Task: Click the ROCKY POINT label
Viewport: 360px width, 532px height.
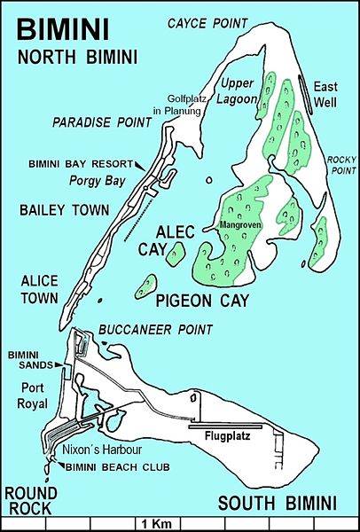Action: pos(340,164)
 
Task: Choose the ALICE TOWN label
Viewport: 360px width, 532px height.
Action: pos(34,289)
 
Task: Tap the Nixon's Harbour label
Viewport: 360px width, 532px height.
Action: pos(98,450)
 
